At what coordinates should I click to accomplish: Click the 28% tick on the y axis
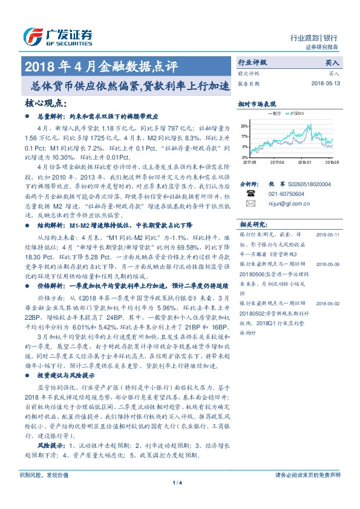pos(244,126)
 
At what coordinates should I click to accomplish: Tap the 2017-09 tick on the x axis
pos(277,162)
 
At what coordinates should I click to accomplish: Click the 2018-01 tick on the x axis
pos(304,162)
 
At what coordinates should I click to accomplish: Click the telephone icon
pos(251,193)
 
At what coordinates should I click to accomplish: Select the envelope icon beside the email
pos(251,204)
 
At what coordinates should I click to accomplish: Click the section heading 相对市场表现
pos(257,103)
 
